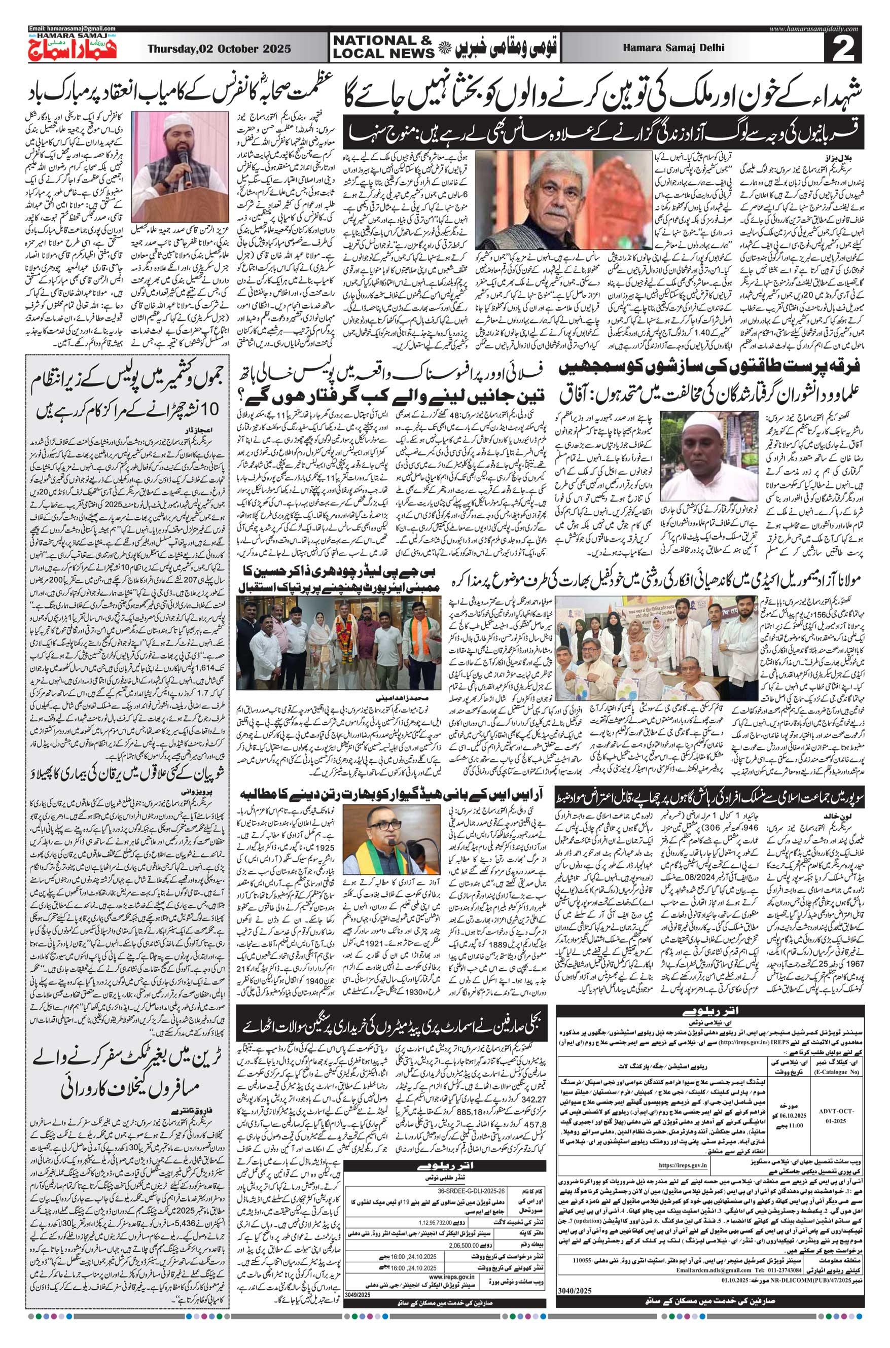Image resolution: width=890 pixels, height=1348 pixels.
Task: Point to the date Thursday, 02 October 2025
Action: (x=219, y=49)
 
